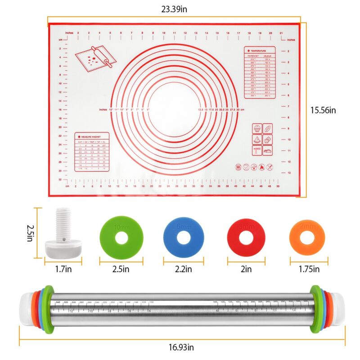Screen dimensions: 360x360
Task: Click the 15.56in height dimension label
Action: tap(328, 109)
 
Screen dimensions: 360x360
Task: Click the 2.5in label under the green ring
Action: tap(121, 270)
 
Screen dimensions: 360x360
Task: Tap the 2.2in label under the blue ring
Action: tap(183, 270)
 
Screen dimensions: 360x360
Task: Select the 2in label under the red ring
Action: tap(246, 270)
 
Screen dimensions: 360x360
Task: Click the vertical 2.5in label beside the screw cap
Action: tap(30, 233)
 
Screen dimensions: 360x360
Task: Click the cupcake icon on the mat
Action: tap(256, 128)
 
